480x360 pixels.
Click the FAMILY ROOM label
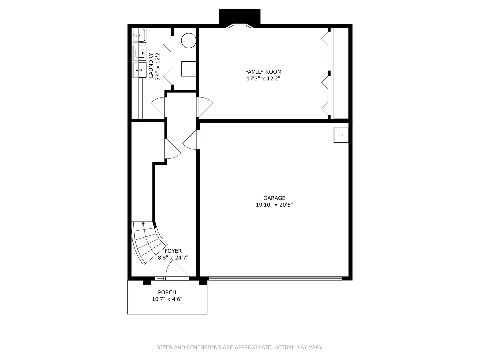click(x=263, y=72)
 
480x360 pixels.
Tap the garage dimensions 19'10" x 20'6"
click(x=274, y=205)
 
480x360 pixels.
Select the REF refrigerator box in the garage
click(x=341, y=135)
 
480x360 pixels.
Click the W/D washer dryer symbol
click(x=139, y=70)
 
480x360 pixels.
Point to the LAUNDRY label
click(x=151, y=65)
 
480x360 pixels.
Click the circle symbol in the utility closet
click(x=189, y=40)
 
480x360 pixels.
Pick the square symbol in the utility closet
click(x=189, y=69)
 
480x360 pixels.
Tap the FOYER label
click(x=173, y=251)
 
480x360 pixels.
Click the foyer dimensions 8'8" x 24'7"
click(x=173, y=258)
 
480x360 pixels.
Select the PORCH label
click(x=167, y=292)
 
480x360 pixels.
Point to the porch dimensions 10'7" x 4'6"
click(x=167, y=299)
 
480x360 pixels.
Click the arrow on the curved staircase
click(x=143, y=224)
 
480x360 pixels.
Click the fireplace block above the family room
click(x=239, y=17)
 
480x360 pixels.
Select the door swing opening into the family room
click(x=205, y=106)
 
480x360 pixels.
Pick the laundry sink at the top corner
click(x=139, y=35)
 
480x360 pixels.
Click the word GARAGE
click(x=274, y=198)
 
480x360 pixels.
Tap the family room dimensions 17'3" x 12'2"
click(x=263, y=79)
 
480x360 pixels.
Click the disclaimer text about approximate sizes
click(x=240, y=347)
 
